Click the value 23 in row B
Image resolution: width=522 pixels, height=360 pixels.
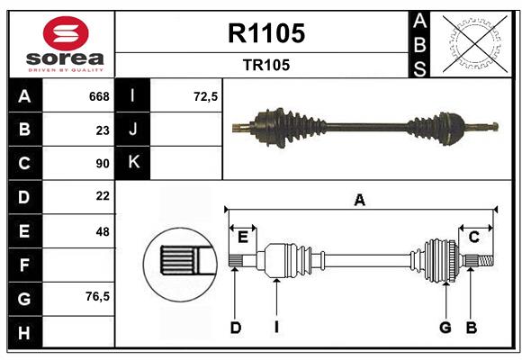point(102,130)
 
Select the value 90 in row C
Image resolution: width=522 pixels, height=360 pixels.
point(102,164)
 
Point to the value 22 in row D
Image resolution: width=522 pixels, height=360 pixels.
point(102,196)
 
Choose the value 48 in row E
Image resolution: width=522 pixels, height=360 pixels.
point(102,231)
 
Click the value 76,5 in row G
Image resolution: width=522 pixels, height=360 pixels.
point(97,297)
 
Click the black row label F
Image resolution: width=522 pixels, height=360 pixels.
point(24,265)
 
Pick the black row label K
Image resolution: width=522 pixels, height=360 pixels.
point(134,163)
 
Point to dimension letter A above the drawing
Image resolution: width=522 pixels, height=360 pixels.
point(360,201)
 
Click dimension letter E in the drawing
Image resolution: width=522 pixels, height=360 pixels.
point(243,237)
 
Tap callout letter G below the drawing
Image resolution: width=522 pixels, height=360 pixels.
point(445,328)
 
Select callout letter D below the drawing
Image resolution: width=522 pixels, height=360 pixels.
point(235,328)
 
